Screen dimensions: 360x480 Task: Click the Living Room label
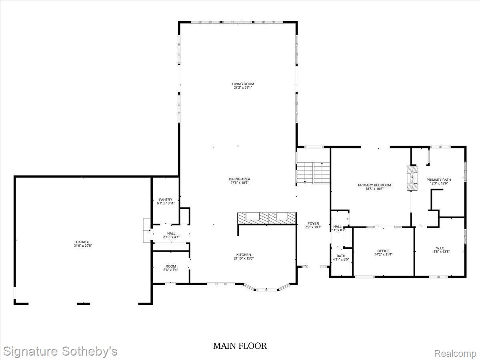coord(243,84)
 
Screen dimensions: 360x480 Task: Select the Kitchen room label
coord(244,255)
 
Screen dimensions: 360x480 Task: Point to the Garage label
coord(83,242)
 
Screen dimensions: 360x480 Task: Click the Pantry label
coord(165,200)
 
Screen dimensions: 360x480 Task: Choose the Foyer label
coord(313,224)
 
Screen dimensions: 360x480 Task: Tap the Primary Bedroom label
coord(374,185)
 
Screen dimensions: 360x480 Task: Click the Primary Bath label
coord(438,180)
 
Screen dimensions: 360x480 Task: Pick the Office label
coord(383,251)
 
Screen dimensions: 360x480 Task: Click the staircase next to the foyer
coord(313,173)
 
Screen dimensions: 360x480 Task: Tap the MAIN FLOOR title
coord(240,346)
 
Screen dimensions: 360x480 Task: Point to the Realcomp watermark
coord(455,354)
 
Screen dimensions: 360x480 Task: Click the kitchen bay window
coord(267,288)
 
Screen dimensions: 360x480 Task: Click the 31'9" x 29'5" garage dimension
coord(83,246)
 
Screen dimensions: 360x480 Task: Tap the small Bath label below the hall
coord(341,256)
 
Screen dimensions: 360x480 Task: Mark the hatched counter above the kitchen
coord(266,217)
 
